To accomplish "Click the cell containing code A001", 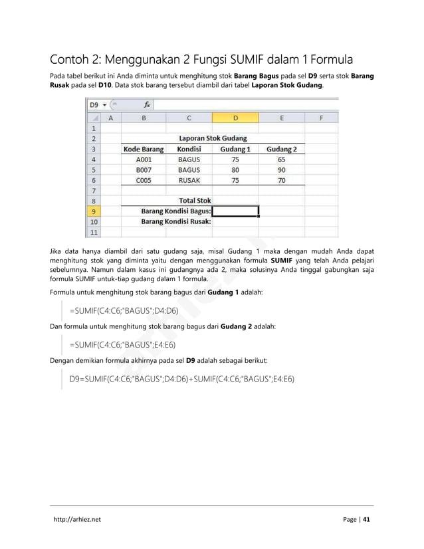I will (144, 160).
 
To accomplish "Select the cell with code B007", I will (144, 169).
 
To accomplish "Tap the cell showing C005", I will (144, 180).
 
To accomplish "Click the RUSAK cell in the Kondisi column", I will (189, 180).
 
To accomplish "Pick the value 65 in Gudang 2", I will (282, 160).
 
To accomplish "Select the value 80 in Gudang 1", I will (235, 169).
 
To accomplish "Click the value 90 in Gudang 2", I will (282, 169).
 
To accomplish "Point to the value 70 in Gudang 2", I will (282, 180).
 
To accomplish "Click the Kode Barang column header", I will (144, 149).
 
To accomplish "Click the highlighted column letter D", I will (235, 118).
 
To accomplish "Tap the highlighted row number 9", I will (94, 211).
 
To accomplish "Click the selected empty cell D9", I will (235, 211).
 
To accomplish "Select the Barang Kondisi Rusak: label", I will (175, 222).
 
